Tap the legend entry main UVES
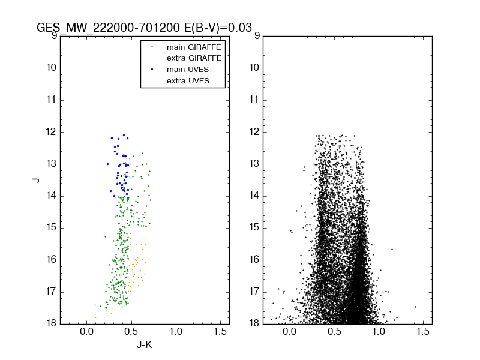188,69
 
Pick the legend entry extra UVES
188,80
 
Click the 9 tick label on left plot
54,36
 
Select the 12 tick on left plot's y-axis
52,132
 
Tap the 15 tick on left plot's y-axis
52,228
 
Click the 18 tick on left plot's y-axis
52,324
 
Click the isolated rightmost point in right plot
415,307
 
